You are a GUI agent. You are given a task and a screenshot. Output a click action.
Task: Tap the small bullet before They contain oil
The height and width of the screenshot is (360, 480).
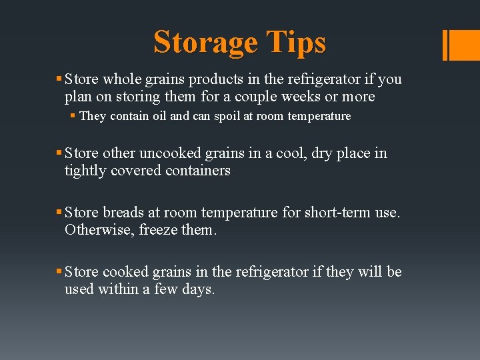pos(73,116)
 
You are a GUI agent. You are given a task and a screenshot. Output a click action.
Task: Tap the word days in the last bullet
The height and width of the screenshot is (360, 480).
pos(198,289)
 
